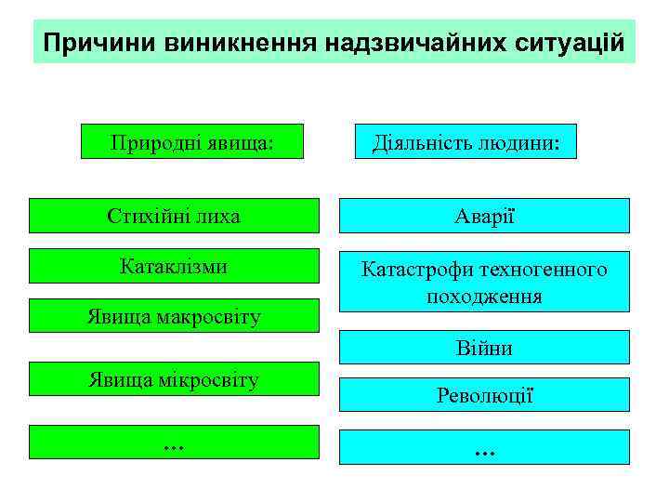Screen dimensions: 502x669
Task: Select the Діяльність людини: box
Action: (472, 142)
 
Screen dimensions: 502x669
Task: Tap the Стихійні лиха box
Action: (173, 216)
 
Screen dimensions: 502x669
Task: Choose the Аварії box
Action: (484, 216)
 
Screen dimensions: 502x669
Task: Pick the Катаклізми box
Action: (173, 266)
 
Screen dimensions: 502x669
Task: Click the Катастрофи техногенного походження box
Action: (484, 283)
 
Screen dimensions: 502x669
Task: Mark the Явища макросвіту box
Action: (173, 316)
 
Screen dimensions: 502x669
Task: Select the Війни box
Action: (484, 348)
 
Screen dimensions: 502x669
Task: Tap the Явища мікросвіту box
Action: (173, 379)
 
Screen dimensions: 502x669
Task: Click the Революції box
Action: (484, 395)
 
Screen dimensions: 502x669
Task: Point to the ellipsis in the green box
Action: (173, 443)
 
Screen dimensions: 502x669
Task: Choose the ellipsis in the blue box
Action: (484, 448)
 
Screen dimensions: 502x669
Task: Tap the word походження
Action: (484, 297)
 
